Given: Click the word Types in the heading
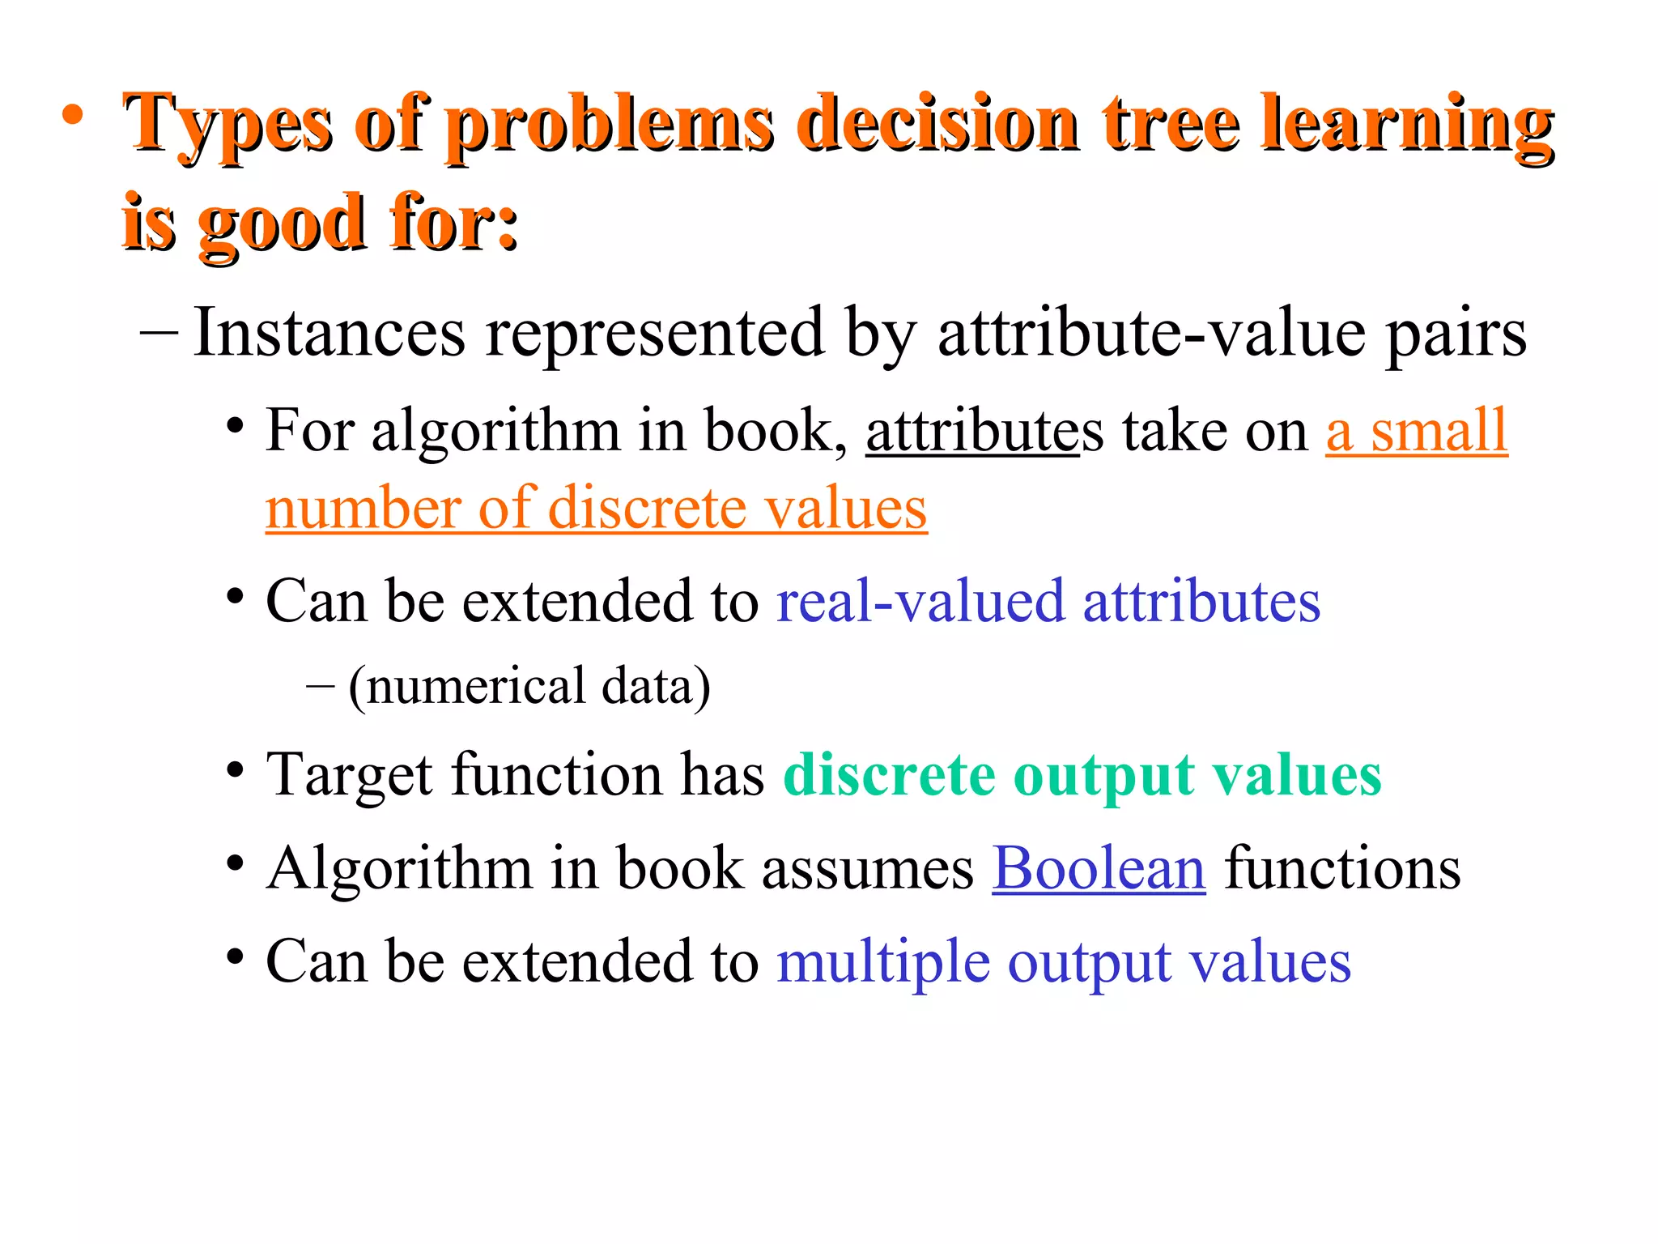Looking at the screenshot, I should [x=227, y=126].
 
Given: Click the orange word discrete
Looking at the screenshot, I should [x=647, y=509].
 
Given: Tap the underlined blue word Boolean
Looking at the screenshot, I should [x=1099, y=868].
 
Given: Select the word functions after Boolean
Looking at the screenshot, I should [x=1341, y=868].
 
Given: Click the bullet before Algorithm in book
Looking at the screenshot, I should [x=235, y=865].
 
